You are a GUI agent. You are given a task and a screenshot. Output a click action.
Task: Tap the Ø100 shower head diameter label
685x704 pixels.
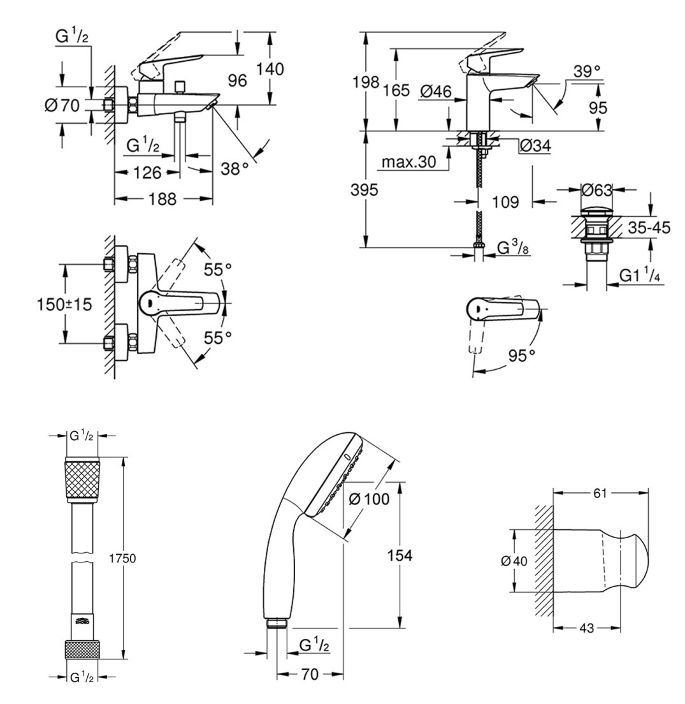click(x=369, y=499)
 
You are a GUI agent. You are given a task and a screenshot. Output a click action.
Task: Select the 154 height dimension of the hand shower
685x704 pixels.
click(x=400, y=555)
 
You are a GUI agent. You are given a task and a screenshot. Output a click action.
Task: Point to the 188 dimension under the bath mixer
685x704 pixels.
click(x=162, y=199)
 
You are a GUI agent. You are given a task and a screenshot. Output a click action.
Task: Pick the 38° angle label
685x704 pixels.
click(x=235, y=168)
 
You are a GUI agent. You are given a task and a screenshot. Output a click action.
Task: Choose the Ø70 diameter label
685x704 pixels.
click(x=62, y=105)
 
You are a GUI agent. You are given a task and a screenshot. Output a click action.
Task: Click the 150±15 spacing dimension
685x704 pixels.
click(x=63, y=304)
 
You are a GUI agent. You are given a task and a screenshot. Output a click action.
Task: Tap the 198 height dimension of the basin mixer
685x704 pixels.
click(x=366, y=82)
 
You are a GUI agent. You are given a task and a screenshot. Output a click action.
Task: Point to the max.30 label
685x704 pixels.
click(x=408, y=162)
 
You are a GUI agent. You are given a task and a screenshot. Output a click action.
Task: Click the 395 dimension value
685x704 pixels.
click(x=365, y=189)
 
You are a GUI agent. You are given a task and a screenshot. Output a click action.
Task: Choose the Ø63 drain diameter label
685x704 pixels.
click(x=596, y=189)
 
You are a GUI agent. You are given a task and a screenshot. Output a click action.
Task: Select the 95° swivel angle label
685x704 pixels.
click(x=523, y=355)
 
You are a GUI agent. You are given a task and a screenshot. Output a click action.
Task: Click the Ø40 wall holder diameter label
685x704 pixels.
click(x=514, y=561)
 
